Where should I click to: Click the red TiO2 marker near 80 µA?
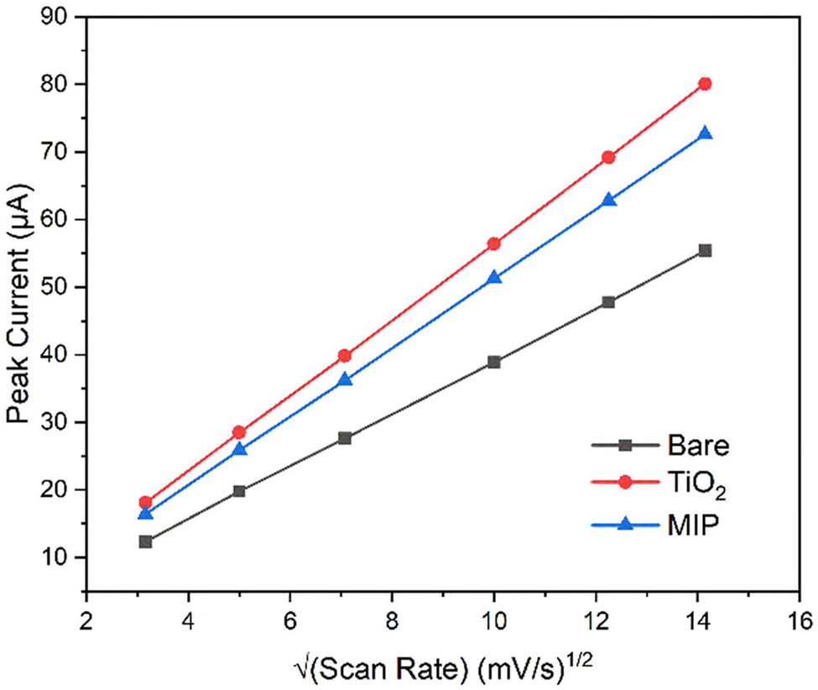click(705, 84)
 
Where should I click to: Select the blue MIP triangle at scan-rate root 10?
click(494, 277)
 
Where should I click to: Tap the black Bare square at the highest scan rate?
click(705, 250)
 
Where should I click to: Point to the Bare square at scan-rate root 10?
click(494, 362)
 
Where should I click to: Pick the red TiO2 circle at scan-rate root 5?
click(239, 432)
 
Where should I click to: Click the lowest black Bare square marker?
click(145, 541)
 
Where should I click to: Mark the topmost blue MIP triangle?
click(705, 133)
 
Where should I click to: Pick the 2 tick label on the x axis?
click(86, 622)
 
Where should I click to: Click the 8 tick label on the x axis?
click(392, 622)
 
